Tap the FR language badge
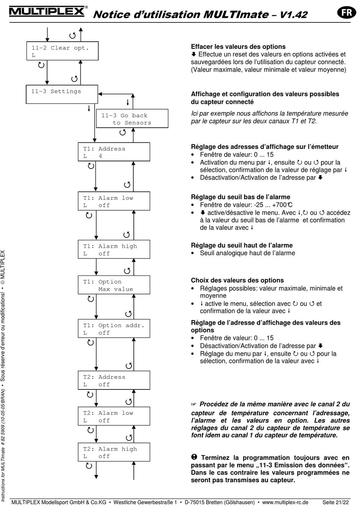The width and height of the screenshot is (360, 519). tap(346, 13)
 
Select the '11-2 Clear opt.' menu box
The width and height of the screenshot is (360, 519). tap(62, 51)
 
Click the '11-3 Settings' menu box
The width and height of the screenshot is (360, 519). tap(62, 94)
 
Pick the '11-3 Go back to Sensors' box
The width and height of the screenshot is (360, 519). tap(132, 119)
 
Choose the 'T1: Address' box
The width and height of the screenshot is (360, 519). tap(114, 152)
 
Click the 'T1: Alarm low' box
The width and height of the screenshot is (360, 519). tap(114, 201)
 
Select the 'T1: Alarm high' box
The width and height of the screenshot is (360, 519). tap(114, 250)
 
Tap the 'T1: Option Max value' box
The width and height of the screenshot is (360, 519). tap(114, 285)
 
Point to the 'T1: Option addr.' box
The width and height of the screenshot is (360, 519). tap(114, 329)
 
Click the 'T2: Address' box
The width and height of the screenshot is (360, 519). tap(114, 380)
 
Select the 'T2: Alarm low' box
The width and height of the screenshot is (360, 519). tap(114, 416)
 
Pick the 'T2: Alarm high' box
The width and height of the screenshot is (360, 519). tap(114, 452)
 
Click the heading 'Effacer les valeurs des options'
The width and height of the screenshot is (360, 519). tap(238, 47)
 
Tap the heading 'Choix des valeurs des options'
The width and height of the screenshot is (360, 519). tap(237, 280)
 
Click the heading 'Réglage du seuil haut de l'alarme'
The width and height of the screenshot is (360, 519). tap(242, 245)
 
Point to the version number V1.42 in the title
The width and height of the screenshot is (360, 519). tap(293, 15)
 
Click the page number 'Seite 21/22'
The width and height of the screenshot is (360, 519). tap(335, 502)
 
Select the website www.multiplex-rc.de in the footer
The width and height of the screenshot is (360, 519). tap(285, 502)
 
